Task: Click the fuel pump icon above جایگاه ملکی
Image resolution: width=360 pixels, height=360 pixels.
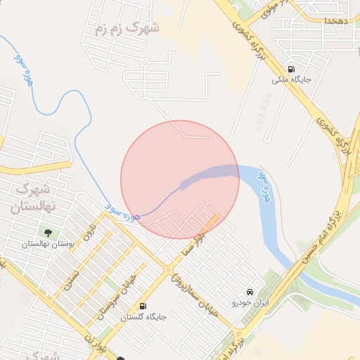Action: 291,69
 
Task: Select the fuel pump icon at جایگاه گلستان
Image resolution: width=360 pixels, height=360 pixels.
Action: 144,306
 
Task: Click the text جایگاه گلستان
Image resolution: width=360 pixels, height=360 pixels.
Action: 143,317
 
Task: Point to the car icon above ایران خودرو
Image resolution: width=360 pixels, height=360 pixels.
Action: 249,292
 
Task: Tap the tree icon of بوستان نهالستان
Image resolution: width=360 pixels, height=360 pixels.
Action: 49,233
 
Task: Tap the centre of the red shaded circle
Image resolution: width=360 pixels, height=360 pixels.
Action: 180,179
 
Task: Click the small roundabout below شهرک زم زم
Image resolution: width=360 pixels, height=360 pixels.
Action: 144,61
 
